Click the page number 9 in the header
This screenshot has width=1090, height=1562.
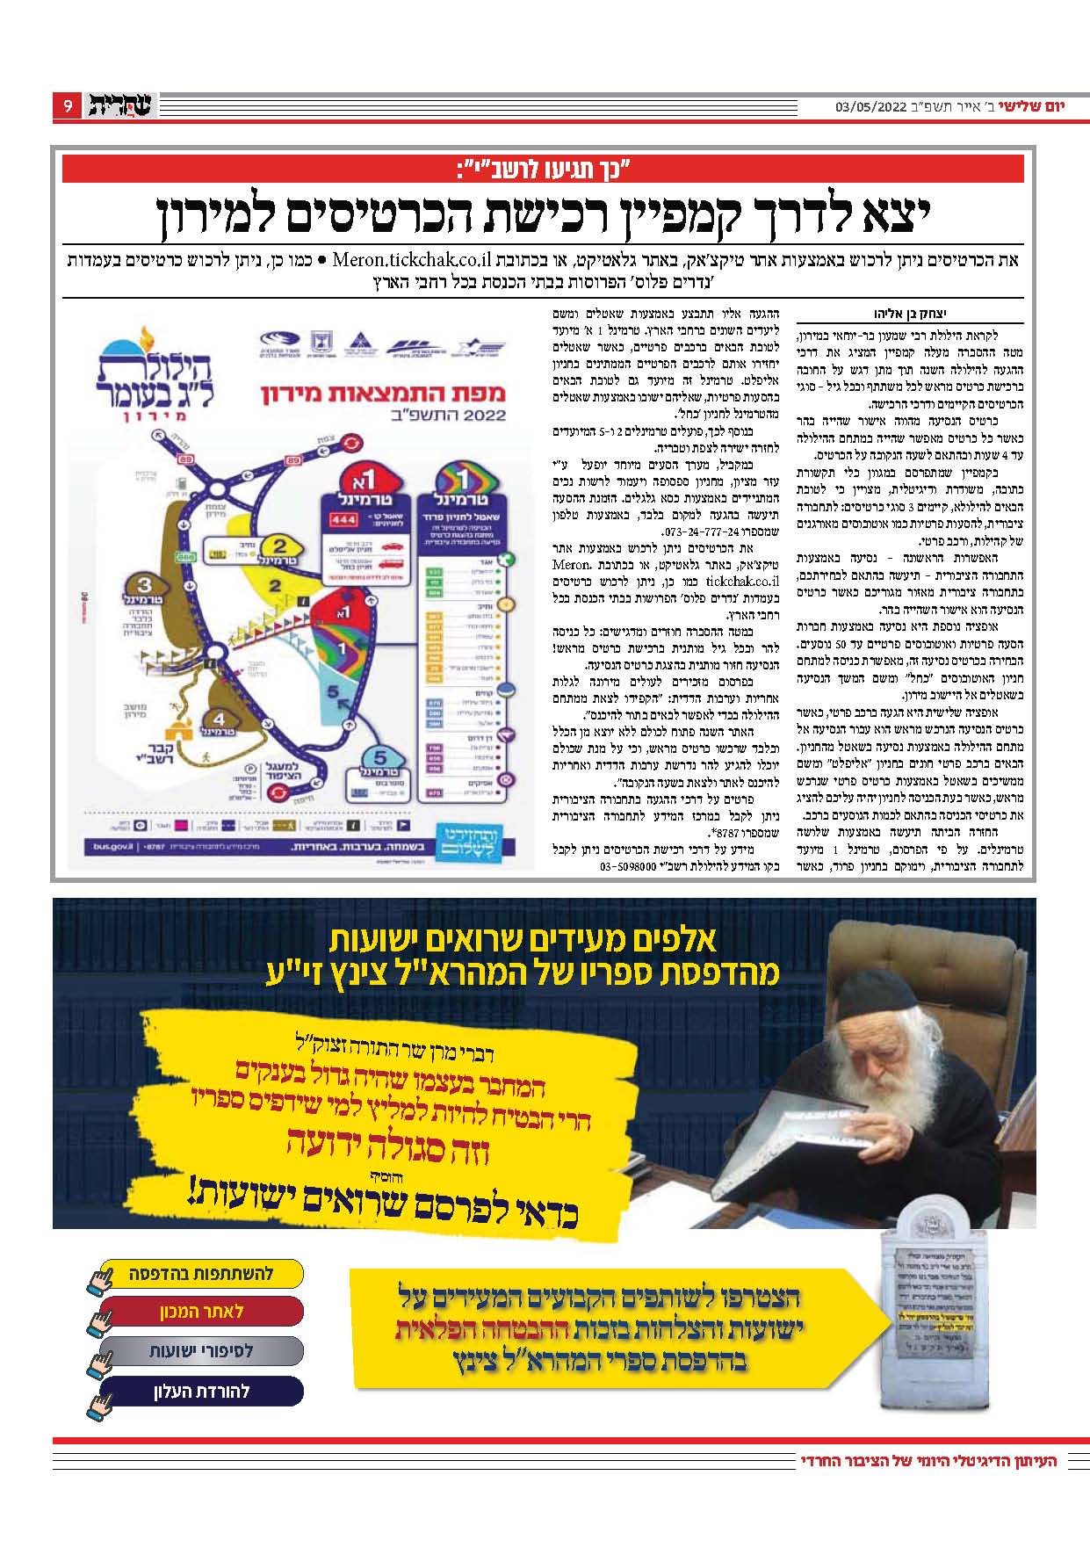point(68,106)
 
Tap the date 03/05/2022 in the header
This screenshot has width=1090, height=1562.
point(870,107)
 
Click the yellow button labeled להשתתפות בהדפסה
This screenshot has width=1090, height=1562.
point(202,1273)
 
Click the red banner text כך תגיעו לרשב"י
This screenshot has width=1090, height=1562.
point(544,168)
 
